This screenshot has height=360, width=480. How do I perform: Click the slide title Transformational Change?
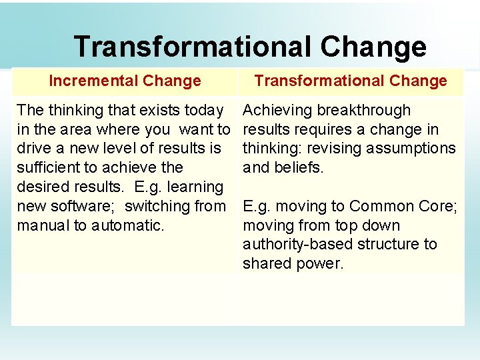(249, 47)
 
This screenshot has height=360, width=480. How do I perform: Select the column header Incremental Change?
(125, 81)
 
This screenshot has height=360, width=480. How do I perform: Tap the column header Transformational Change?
(351, 81)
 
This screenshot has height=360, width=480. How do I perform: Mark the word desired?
(43, 187)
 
